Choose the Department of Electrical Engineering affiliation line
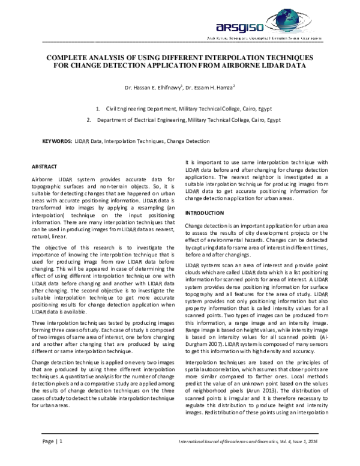tap(188, 120)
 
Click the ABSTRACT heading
tap(44, 166)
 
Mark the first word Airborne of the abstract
tap(41, 181)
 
